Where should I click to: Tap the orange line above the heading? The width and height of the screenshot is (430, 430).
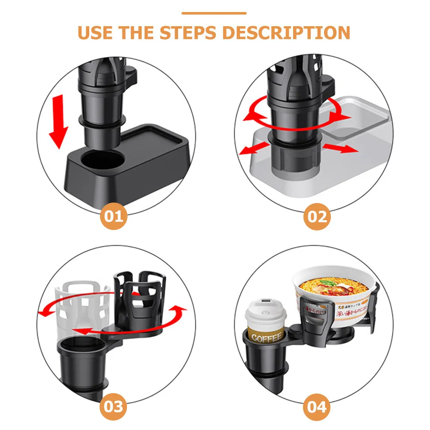(x=214, y=13)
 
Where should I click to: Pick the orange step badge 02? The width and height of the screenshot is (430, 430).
(x=317, y=217)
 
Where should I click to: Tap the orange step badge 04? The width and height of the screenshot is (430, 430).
(x=317, y=406)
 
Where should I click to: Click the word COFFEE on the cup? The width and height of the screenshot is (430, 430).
(x=266, y=338)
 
